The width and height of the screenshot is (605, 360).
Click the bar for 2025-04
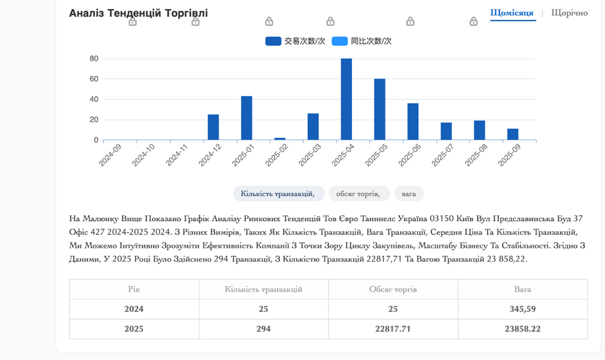click(x=346, y=99)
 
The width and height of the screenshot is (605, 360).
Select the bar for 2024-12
click(x=213, y=127)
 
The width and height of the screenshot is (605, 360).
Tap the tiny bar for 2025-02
click(x=280, y=139)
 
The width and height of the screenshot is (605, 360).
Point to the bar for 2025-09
click(x=513, y=134)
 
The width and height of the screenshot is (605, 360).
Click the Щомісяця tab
click(x=513, y=13)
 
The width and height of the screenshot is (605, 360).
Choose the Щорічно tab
click(x=569, y=13)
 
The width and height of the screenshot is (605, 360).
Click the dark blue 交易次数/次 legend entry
click(x=295, y=41)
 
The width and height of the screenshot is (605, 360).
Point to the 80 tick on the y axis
click(x=94, y=58)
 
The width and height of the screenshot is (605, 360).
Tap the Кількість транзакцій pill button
click(x=278, y=194)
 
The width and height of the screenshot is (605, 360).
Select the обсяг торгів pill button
click(x=359, y=194)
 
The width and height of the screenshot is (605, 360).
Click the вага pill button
click(x=409, y=194)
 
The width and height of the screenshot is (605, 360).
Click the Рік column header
click(x=134, y=289)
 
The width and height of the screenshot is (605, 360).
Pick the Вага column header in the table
click(x=522, y=289)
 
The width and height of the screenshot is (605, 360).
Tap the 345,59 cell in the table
click(x=522, y=309)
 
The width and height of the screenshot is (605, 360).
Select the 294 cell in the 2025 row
click(x=263, y=329)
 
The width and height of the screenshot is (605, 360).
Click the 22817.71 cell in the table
click(x=393, y=329)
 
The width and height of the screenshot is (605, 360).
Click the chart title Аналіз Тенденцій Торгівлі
click(x=139, y=13)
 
